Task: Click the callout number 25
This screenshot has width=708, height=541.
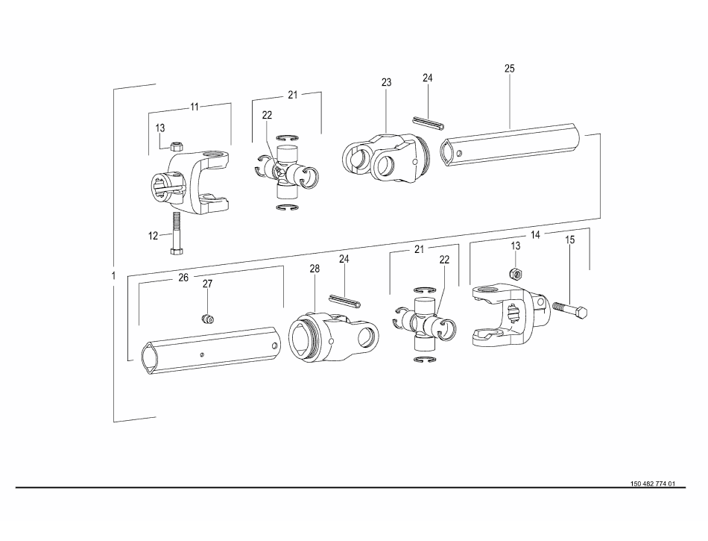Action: [509, 69]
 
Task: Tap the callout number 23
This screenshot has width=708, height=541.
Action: [386, 82]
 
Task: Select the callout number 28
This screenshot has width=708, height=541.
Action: [315, 269]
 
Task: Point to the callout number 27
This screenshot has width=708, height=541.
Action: [207, 284]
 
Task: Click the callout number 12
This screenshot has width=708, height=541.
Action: [153, 236]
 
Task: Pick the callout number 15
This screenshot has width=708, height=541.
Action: [570, 240]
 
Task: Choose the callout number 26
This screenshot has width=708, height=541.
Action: [183, 278]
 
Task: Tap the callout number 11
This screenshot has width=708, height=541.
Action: [195, 107]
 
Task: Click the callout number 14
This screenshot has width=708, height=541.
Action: [535, 235]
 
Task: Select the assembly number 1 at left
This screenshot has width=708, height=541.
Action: [113, 275]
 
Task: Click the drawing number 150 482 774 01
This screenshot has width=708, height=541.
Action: [652, 484]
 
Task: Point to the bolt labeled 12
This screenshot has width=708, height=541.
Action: [176, 234]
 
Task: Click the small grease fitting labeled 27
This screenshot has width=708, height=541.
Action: [207, 319]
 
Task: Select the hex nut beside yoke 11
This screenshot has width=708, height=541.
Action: [177, 146]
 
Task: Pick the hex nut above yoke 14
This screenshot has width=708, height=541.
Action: [515, 273]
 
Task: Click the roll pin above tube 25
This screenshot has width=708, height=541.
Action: [429, 123]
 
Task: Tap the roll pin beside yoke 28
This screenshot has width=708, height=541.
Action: [344, 301]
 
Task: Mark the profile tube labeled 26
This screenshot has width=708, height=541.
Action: [211, 349]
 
